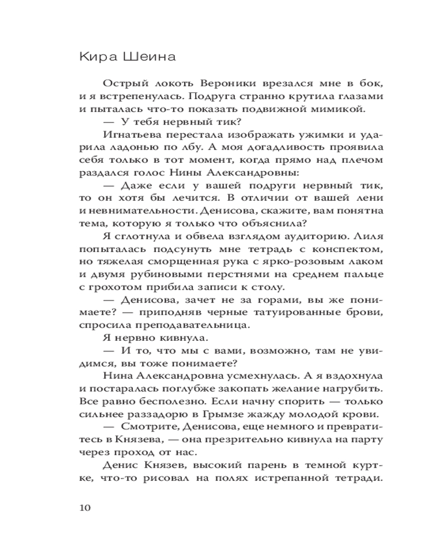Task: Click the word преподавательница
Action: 197,326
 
